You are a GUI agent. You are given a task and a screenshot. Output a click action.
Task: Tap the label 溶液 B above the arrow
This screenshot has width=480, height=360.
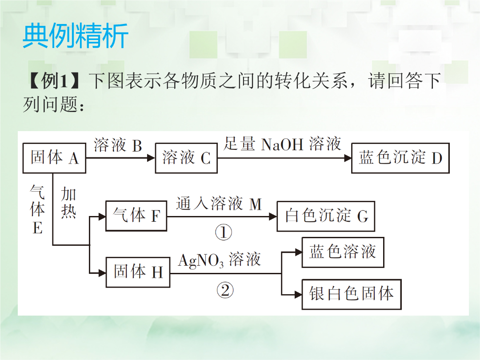pos(118,145)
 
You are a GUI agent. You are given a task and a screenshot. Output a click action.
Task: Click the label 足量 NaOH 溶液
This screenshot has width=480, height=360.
pos(282,144)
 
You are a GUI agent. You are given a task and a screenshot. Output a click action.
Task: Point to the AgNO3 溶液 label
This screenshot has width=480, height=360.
pos(219,260)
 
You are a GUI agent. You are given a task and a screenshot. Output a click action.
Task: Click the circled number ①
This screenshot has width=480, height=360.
pos(224,232)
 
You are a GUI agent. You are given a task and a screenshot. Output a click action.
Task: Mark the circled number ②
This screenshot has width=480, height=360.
pos(225,290)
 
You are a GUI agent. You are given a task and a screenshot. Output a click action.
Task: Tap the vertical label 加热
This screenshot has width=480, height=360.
pos(68,202)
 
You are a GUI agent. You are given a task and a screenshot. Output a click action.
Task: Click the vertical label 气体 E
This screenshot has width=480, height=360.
pos(37,209)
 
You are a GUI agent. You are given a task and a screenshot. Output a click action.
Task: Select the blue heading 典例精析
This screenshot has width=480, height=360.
pos(75,36)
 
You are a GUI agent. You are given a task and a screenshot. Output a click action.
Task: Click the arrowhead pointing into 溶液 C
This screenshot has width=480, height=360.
pos(151,158)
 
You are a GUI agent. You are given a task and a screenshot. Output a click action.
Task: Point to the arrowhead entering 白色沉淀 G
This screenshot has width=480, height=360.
pos(273,217)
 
